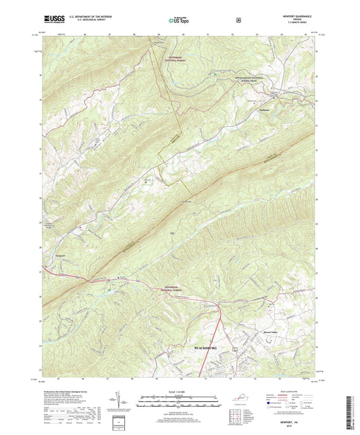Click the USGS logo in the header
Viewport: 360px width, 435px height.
[x=51, y=20]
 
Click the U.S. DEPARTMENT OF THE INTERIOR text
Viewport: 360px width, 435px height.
[x=86, y=16]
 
